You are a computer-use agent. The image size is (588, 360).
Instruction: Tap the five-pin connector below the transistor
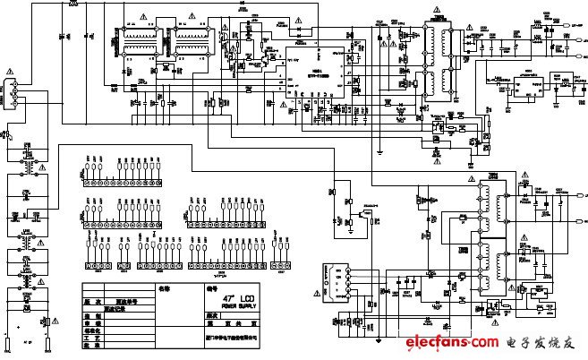pyautogui.click(x=336, y=277)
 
